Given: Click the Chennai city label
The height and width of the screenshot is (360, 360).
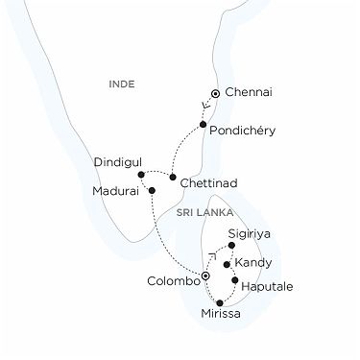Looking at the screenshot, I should pyautogui.click(x=252, y=92).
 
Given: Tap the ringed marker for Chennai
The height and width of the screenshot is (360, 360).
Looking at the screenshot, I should pyautogui.click(x=216, y=93).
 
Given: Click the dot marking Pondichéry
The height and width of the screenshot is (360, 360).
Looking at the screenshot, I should pyautogui.click(x=204, y=125).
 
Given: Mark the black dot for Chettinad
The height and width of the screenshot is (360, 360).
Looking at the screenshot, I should pyautogui.click(x=172, y=178).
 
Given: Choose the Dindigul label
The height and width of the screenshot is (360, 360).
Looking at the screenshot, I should pyautogui.click(x=117, y=163).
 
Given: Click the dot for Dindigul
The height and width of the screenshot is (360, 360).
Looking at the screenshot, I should pyautogui.click(x=140, y=175).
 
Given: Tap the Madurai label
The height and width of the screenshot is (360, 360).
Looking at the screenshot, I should pyautogui.click(x=115, y=190).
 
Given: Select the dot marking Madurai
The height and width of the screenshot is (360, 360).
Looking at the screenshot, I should pyautogui.click(x=151, y=190).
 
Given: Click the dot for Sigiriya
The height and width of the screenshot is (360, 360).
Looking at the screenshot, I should pyautogui.click(x=230, y=246).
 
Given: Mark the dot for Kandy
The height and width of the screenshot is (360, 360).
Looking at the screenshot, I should pyautogui.click(x=226, y=263).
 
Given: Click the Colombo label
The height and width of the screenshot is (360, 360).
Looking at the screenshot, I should pyautogui.click(x=169, y=282).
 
